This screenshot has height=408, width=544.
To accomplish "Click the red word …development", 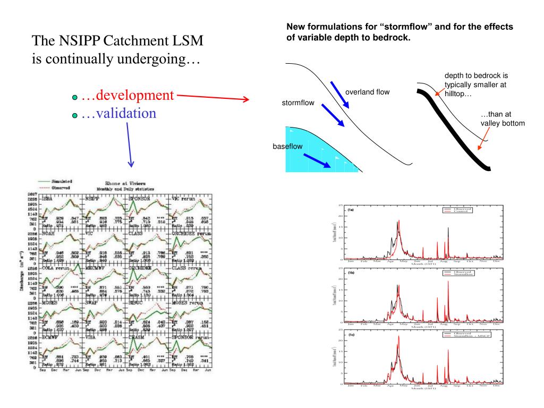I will [128, 96].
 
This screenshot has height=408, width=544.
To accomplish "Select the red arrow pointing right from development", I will [212, 98].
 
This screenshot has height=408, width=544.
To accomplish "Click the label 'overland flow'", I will [367, 92].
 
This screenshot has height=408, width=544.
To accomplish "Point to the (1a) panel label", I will [351, 211].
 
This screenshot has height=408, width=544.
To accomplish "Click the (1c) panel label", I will [351, 336].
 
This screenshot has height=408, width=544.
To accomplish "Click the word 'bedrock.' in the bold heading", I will [388, 38].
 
